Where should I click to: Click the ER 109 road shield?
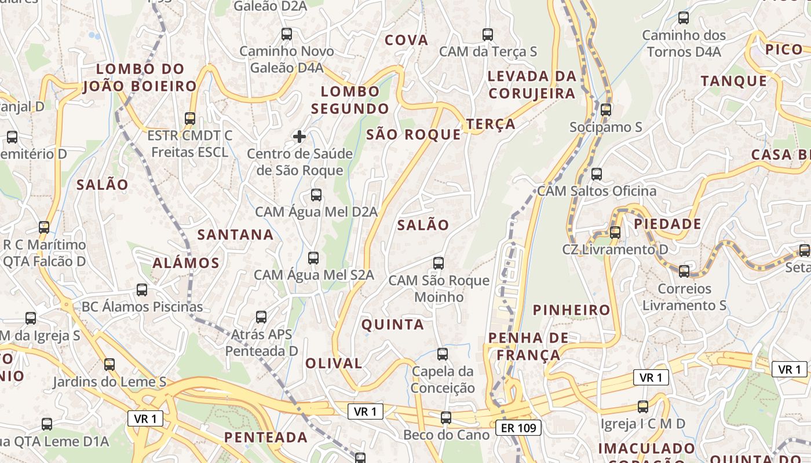pos(519,428)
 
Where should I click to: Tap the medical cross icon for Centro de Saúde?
pos(299,137)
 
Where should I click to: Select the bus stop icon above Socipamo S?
pos(606,109)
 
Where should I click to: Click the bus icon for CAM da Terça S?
pos(488,34)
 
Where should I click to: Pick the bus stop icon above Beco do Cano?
pos(446,417)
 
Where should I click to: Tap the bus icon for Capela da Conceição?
pos(443,354)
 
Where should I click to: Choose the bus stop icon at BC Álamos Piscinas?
pos(142,289)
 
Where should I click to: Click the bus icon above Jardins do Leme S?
pos(109,364)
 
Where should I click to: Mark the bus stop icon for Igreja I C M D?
pos(642,406)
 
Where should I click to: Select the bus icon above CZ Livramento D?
pos(615,232)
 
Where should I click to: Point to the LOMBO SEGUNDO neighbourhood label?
pos(350,100)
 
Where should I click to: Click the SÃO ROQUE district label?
pos(414,135)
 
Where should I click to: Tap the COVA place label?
pos(407,41)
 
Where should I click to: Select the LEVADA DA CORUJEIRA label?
pos(532,84)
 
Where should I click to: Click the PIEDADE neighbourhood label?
pos(667,224)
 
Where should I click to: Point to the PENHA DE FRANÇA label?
pos(524,346)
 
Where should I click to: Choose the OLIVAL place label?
pos(334,363)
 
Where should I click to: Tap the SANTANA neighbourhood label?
pos(235,234)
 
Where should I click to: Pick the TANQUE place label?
pos(734,81)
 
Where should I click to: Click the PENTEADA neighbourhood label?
pos(266,437)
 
